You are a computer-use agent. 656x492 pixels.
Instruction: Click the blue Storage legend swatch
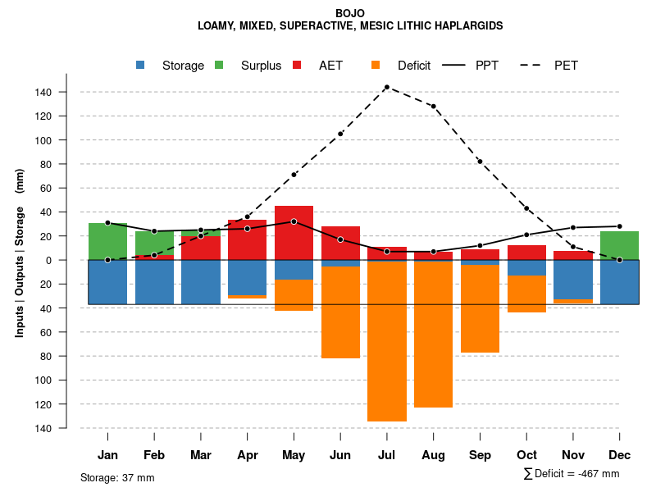[141, 66]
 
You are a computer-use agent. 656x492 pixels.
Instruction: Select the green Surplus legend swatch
[220, 66]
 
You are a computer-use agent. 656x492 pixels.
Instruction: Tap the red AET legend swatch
[298, 66]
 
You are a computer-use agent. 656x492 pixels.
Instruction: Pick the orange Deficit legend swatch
[376, 66]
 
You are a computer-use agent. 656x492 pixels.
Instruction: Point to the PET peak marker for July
[386, 87]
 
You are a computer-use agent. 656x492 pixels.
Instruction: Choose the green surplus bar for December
[620, 245]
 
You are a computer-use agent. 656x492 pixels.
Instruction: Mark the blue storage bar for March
[201, 282]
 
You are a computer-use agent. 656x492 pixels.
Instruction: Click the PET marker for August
[433, 107]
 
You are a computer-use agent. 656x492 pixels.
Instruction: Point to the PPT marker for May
[294, 221]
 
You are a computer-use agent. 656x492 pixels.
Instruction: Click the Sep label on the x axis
[480, 455]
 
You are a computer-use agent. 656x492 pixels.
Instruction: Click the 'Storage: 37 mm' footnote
[117, 477]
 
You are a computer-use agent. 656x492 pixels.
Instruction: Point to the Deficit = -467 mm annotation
[572, 474]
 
